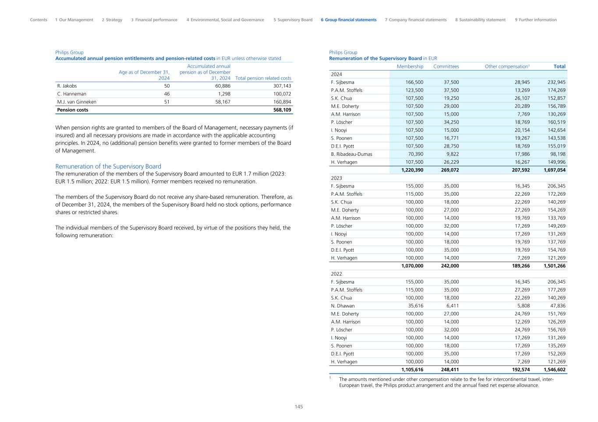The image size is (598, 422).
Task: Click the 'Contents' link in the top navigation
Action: [39, 20]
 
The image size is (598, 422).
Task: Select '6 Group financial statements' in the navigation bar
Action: [348, 20]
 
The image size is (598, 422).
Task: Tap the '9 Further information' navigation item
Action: [536, 20]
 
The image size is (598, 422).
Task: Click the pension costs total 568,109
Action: [282, 110]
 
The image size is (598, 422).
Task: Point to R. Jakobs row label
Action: [67, 86]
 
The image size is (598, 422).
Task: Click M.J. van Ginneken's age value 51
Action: [166, 102]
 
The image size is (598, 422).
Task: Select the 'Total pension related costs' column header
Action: [263, 78]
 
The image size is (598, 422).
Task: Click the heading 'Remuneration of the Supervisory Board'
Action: [108, 166]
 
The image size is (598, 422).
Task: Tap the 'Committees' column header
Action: [446, 67]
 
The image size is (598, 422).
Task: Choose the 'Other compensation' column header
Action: [507, 67]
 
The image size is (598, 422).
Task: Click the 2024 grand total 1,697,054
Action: [554, 170]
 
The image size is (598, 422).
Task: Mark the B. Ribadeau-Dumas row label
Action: [351, 154]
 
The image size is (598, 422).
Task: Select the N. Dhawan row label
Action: [343, 306]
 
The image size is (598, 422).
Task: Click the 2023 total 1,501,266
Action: [554, 266]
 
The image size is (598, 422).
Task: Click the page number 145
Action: [299, 407]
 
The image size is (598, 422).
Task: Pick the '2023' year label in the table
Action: [336, 178]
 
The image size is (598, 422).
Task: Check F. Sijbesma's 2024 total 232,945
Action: [556, 82]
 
